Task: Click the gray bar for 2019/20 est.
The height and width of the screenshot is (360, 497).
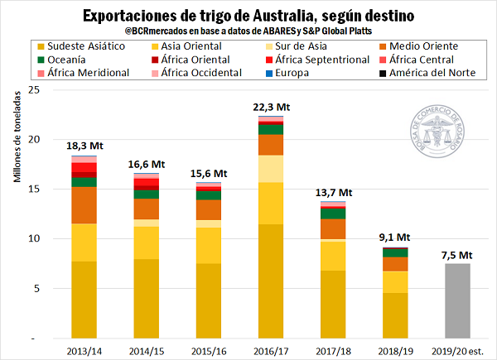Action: pyautogui.click(x=457, y=300)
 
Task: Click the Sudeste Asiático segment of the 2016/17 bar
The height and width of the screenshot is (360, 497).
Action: pyautogui.click(x=271, y=281)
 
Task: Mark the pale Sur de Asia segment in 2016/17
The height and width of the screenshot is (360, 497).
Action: pyautogui.click(x=271, y=169)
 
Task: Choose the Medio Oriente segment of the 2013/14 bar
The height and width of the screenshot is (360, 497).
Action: pyautogui.click(x=84, y=205)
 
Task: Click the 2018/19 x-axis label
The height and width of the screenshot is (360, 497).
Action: pyautogui.click(x=395, y=350)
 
